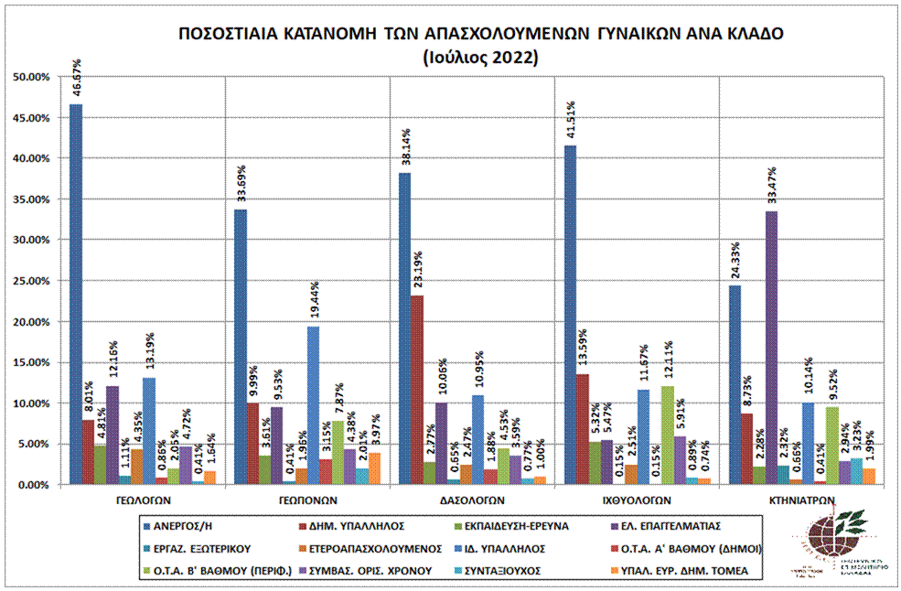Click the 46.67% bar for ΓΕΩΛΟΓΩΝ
click(x=76, y=293)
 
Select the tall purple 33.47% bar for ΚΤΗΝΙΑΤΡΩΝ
click(x=771, y=348)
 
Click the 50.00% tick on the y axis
click(x=31, y=77)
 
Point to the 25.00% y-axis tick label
click(x=31, y=281)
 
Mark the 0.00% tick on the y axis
click(x=31, y=485)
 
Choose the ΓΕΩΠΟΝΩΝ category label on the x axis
click(x=306, y=500)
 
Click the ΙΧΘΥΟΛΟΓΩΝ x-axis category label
click(x=636, y=500)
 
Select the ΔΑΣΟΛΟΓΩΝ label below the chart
click(x=471, y=500)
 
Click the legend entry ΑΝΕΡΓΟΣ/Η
click(x=187, y=525)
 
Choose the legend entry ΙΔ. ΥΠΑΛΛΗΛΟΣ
click(x=511, y=548)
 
